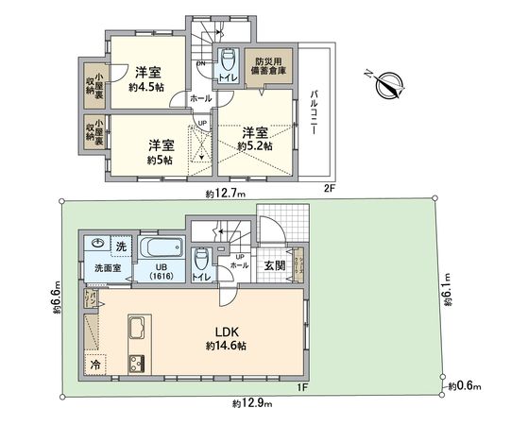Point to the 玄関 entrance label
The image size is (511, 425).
[x=273, y=265]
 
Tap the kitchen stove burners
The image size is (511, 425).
[x=135, y=363]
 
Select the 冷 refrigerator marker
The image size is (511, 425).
[x=95, y=363]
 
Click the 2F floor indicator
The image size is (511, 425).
[x=328, y=188]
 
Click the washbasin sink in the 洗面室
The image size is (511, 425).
[x=98, y=244]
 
